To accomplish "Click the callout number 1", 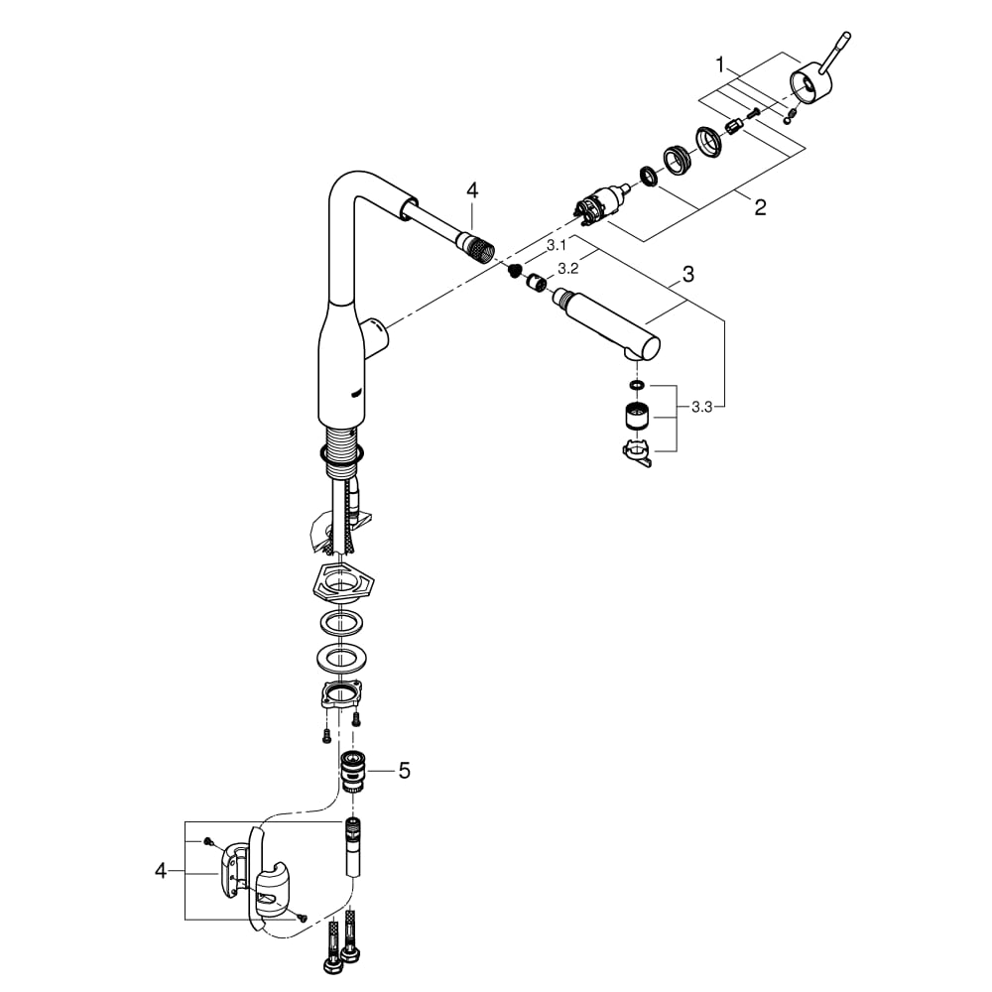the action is tap(719, 64).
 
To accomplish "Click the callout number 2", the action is tap(760, 207).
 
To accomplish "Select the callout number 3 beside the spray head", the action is tap(688, 275).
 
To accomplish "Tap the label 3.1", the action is tap(557, 245).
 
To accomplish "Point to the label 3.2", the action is tap(568, 269).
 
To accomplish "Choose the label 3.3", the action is tap(701, 407).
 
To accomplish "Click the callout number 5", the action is tap(404, 770).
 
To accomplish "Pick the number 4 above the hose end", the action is tap(472, 190).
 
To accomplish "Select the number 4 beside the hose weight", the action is tap(161, 871).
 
